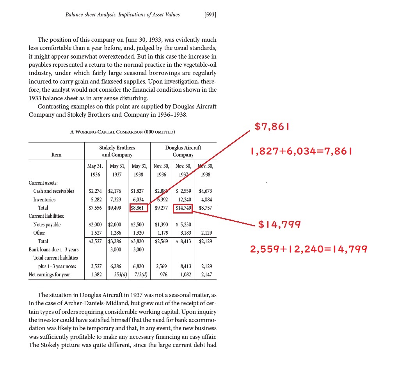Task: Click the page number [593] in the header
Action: click(x=210, y=15)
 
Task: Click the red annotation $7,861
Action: click(x=272, y=127)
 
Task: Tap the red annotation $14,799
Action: click(x=280, y=224)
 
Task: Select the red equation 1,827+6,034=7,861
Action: click(x=301, y=151)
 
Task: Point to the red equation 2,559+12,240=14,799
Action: click(x=309, y=249)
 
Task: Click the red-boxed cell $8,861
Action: click(x=139, y=208)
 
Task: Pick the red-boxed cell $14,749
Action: click(x=183, y=208)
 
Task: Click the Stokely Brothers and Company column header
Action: click(x=117, y=151)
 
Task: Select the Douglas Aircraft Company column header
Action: click(x=183, y=151)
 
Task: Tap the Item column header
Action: click(x=56, y=155)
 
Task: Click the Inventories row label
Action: click(x=44, y=199)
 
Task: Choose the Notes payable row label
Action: click(x=47, y=224)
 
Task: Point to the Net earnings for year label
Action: click(x=49, y=274)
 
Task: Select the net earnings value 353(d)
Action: click(x=117, y=274)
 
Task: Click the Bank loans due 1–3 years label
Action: click(x=53, y=249)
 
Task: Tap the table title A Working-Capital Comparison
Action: click(x=122, y=132)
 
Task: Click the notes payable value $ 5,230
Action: click(x=183, y=224)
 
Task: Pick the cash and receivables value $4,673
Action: click(x=205, y=191)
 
